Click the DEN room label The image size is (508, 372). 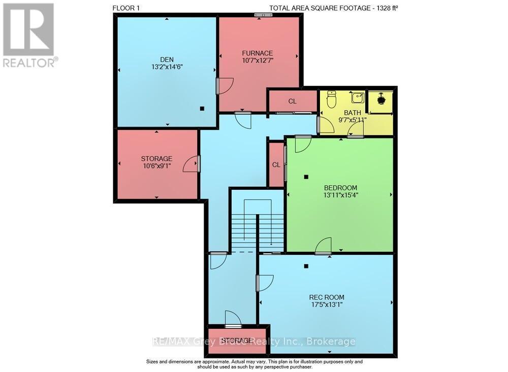(167, 59)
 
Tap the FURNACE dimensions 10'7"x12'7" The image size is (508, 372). (258, 60)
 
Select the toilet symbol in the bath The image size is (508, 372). (331, 99)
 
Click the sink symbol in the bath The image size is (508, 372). (357, 97)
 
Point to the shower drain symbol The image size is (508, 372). (380, 99)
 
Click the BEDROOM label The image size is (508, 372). (340, 188)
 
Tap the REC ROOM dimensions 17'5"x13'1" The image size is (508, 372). (326, 305)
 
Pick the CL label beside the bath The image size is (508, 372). (292, 102)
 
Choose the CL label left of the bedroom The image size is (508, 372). (276, 165)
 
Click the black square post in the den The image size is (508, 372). (202, 109)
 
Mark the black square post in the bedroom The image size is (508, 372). (306, 177)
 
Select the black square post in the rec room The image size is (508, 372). (306, 266)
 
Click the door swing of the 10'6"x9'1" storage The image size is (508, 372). (190, 163)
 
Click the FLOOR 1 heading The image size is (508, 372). (126, 8)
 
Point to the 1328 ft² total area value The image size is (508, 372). (386, 8)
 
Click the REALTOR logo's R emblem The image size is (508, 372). (28, 30)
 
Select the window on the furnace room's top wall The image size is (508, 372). (263, 15)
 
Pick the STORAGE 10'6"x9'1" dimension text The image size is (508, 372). (157, 166)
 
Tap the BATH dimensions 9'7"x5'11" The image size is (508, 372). (352, 120)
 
